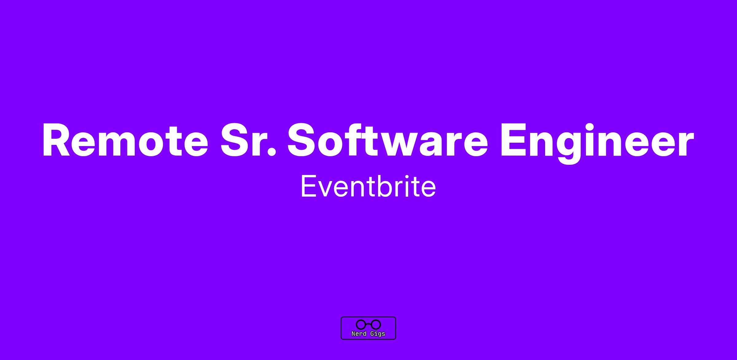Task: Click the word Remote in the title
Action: point(125,140)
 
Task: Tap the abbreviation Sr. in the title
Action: point(248,140)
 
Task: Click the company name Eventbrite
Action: point(368,186)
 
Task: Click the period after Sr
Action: point(271,153)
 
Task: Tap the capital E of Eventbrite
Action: point(309,186)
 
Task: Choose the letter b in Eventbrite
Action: point(386,186)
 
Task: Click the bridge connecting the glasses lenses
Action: point(368,324)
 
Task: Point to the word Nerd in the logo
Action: point(359,334)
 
